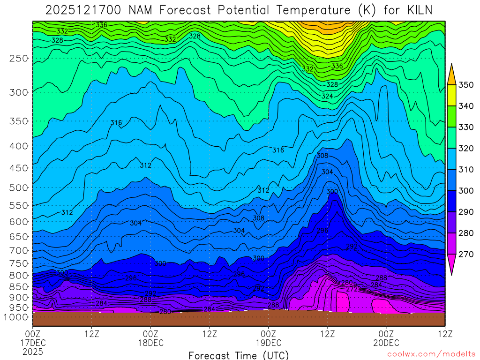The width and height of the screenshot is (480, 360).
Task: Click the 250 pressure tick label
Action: point(18,58)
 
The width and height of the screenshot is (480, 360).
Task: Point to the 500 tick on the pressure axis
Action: point(18,187)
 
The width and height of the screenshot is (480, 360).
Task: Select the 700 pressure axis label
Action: point(18,250)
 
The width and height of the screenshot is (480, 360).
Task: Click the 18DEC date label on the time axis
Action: point(150,343)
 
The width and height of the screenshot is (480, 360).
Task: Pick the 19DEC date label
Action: point(268,343)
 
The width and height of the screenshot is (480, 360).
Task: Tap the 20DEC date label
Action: point(386,343)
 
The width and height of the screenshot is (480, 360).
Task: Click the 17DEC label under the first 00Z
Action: point(33,343)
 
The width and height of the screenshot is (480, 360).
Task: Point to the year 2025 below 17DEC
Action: point(33,351)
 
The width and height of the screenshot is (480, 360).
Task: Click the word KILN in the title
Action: point(416,10)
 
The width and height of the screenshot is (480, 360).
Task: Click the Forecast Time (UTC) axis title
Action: point(239,355)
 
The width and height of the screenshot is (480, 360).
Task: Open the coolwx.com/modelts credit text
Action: point(431,354)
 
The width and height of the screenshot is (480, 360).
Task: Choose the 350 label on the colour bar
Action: point(466,85)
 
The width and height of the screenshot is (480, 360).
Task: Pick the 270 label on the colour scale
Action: point(466,254)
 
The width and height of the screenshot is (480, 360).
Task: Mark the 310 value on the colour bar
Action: point(466,169)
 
